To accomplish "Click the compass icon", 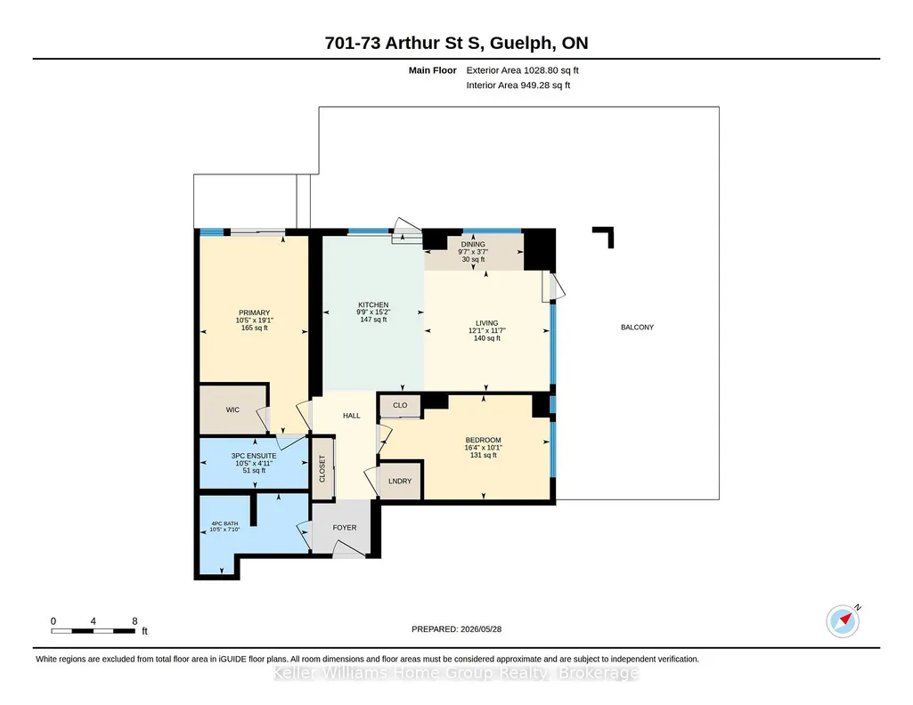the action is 843,621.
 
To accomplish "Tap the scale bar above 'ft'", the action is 94,631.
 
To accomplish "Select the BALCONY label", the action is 637,328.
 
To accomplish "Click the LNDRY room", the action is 399,481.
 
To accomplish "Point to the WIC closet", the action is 232,409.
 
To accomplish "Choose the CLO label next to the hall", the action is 400,405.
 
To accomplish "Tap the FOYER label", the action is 345,528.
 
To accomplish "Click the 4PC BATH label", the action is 224,523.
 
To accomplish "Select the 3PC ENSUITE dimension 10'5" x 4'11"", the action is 254,463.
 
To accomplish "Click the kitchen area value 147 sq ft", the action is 373,320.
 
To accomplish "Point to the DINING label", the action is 473,244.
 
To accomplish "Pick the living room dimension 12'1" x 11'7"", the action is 486,330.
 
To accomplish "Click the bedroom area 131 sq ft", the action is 484,455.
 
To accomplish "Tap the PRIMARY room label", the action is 255,312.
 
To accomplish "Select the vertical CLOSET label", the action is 322,469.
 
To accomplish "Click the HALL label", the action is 352,416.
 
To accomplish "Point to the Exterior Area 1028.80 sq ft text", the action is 522,70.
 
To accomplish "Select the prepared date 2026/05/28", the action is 481,628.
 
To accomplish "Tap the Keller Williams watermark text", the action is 456,673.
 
